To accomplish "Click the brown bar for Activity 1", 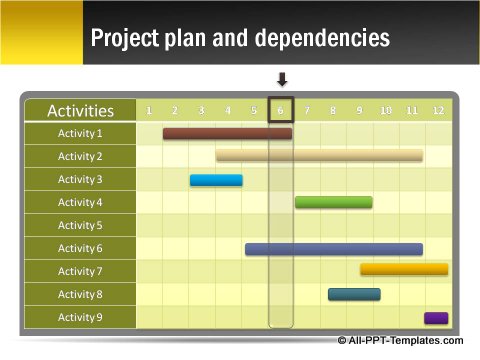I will coord(227,133).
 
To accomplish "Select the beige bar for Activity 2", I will coord(319,156).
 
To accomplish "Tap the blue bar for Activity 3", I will coord(216,180).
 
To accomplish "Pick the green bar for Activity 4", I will coord(333,202).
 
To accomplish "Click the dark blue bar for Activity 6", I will coord(333,249).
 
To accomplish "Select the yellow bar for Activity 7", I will coord(403,269).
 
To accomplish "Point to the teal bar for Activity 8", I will coord(354,294).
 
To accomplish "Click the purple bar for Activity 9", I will coord(435,318).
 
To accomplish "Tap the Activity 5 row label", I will coord(80,225).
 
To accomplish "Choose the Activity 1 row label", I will coord(80,133).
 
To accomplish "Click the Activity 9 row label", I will coord(80,318).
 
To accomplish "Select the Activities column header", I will coord(80,110).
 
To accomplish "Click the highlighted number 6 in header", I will coord(281,110).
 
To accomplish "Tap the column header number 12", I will coord(437,110).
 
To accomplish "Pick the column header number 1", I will coord(149,110).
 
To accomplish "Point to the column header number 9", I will coord(359,110).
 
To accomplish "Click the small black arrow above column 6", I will coord(281,80).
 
